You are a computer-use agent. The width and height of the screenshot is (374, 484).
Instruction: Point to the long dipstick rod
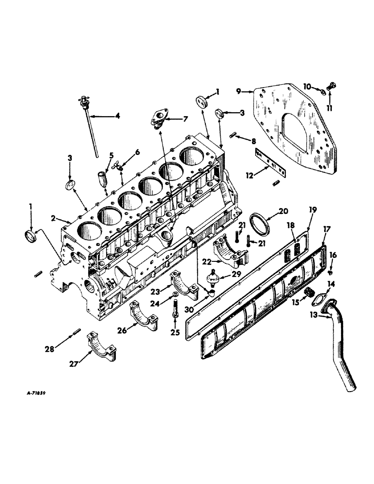91,130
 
